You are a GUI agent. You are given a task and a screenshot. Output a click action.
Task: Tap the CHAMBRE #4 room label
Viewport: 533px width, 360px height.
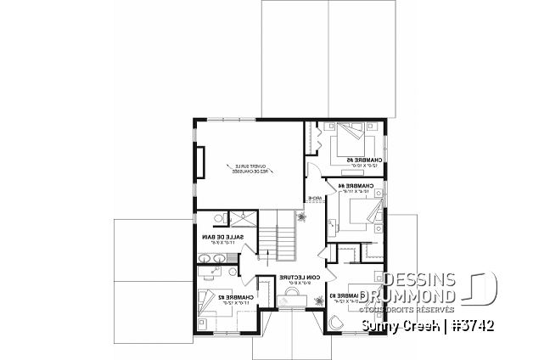pos(349,184)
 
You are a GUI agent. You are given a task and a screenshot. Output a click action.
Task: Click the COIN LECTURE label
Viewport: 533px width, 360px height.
pos(300,277)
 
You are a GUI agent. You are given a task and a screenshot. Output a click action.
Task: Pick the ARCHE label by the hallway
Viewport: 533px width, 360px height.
pos(314,200)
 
